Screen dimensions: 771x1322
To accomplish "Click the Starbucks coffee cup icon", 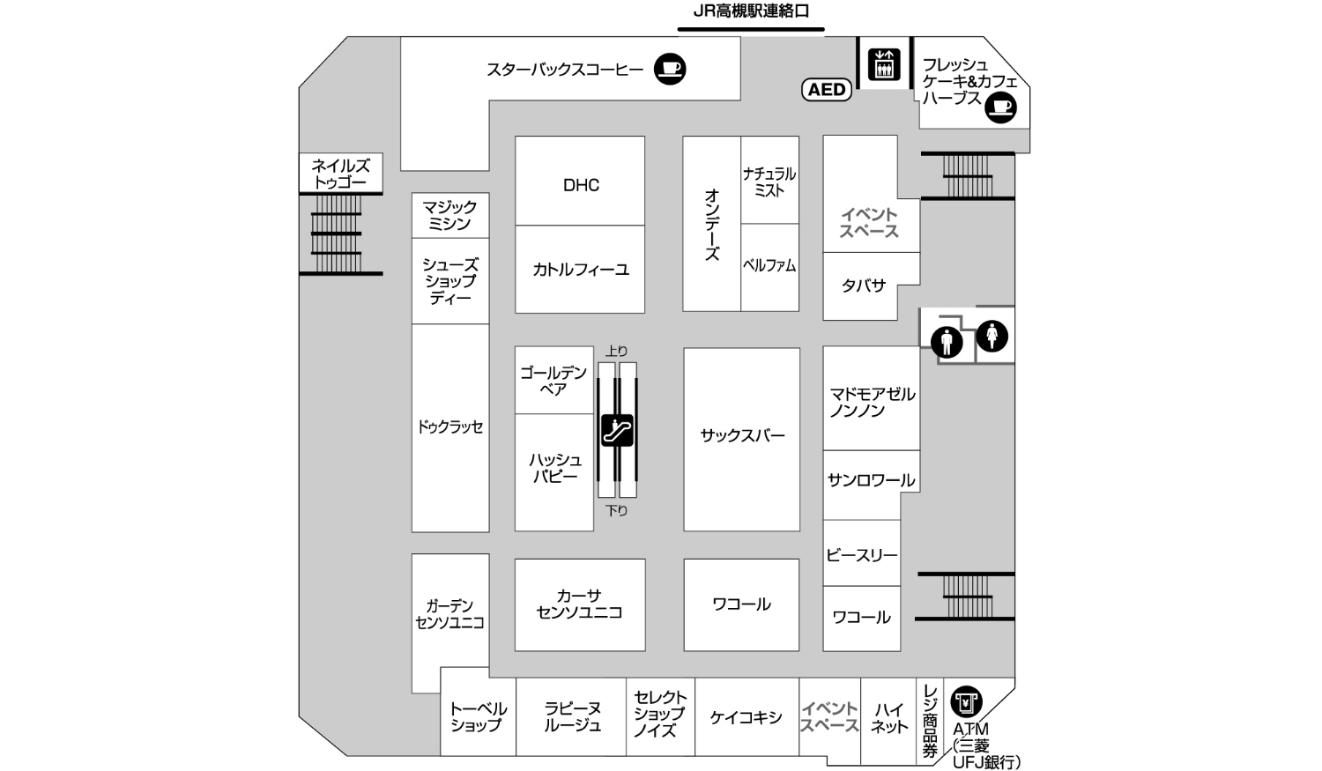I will coord(670,69).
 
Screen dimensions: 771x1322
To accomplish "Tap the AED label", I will coord(827,89).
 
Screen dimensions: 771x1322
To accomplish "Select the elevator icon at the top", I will coord(883,63).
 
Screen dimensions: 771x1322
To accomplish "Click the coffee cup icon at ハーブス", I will coord(1000,107).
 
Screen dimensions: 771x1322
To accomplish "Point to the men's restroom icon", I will coord(947,341).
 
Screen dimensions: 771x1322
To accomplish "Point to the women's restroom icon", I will coord(992,336).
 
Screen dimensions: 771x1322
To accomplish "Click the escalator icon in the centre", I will coord(617,431).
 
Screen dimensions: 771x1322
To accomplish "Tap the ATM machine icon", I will coord(967,703).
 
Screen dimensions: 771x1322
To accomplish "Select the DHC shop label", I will coord(581,185).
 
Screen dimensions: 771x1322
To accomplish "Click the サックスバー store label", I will coord(742,435).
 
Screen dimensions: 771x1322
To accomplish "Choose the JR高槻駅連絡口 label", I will coord(750,12).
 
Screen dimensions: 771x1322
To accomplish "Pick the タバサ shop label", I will coord(863,285).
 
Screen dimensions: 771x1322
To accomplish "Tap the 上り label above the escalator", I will coord(617,352).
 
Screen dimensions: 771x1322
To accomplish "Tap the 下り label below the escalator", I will coord(617,510).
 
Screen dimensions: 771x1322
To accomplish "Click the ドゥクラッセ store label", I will coord(450,427).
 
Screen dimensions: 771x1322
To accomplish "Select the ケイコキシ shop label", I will coord(746,717).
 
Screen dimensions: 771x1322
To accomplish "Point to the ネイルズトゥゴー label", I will coord(341,174).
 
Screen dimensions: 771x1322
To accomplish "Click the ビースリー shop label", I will coord(861,555).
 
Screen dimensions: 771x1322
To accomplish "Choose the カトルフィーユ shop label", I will coord(581,270).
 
